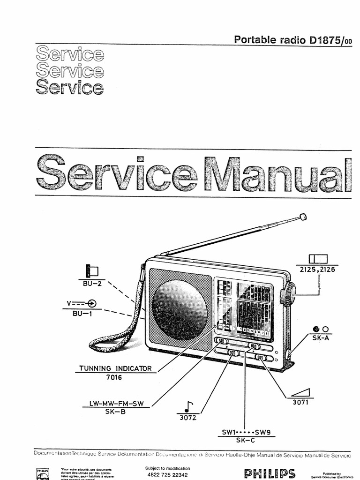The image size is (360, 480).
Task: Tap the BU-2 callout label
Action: tap(92, 284)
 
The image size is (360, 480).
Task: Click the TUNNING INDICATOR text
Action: tap(116, 368)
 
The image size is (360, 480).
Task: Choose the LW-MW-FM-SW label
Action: tap(117, 403)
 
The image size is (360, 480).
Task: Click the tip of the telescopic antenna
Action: tap(303, 217)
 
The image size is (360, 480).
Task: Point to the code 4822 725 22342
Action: tap(168, 475)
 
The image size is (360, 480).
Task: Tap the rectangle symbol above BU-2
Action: tap(92, 270)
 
